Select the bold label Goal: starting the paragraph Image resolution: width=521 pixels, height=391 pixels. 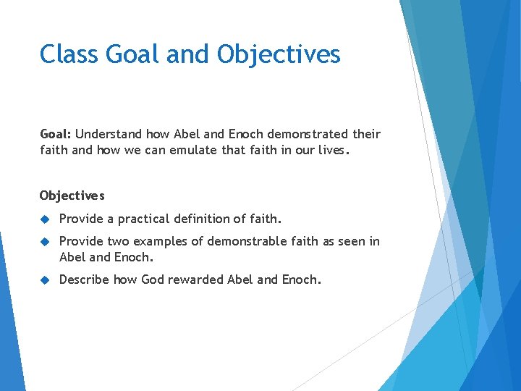[56, 134]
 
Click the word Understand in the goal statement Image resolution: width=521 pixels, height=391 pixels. [109, 134]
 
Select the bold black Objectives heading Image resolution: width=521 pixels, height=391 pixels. [72, 195]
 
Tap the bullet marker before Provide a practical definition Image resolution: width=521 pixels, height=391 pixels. [44, 219]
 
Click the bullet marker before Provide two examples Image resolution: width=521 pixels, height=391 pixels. [44, 241]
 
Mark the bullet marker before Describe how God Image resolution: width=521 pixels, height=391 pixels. [44, 279]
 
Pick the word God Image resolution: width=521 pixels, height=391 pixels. [153, 279]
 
